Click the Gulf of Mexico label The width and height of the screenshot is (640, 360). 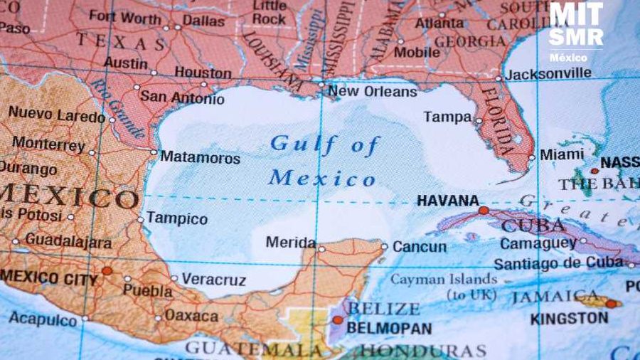click(324, 161)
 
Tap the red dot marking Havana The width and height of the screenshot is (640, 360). click(484, 211)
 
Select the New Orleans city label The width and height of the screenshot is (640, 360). click(372, 92)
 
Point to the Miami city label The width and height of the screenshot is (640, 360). click(562, 154)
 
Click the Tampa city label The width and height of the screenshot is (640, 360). click(447, 117)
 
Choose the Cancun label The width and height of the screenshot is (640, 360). click(420, 247)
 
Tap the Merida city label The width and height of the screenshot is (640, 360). click(290, 243)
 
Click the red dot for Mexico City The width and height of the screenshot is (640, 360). click(107, 270)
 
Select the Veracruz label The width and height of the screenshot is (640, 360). click(213, 280)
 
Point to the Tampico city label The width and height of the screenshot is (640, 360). click(177, 219)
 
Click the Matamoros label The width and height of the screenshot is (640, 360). click(200, 157)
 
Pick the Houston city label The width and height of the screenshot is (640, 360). click(203, 73)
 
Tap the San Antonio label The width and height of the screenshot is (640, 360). click(182, 97)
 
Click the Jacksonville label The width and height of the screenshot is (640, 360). click(548, 73)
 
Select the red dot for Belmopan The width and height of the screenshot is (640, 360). click(338, 320)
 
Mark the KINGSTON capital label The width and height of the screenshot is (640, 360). click(569, 318)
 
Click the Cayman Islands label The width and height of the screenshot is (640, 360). click(444, 280)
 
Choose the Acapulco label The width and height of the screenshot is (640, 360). click(43, 319)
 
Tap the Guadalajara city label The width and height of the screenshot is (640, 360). click(68, 241)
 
